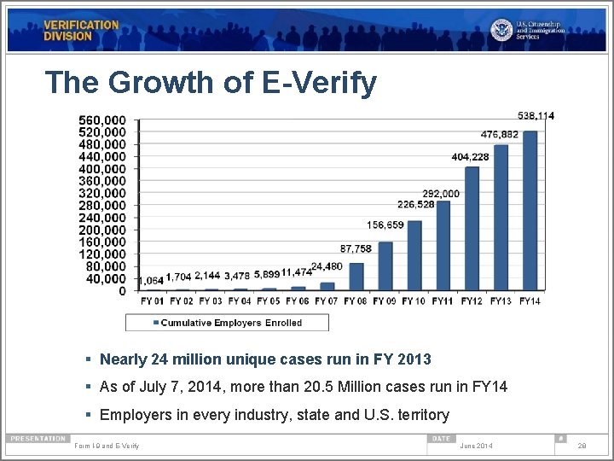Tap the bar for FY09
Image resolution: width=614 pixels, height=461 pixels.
click(385, 266)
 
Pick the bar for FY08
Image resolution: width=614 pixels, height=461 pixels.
click(356, 277)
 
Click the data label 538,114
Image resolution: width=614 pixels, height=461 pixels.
click(536, 115)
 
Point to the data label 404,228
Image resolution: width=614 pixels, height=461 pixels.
click(470, 157)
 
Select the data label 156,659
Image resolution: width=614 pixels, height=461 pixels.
click(385, 225)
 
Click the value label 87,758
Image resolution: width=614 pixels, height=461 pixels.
click(356, 248)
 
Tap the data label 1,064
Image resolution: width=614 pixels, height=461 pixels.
click(151, 280)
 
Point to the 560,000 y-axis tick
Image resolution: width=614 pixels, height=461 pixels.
click(102, 120)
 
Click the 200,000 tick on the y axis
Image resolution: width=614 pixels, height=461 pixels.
click(102, 230)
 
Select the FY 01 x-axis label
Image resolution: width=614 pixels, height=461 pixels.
click(153, 301)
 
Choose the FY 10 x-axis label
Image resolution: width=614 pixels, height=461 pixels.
click(414, 301)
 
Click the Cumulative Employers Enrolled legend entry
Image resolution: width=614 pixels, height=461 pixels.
click(228, 323)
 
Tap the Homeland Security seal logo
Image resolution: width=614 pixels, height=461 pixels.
click(502, 30)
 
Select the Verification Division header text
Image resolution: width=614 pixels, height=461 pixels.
click(81, 31)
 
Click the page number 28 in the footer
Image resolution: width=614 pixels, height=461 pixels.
click(582, 446)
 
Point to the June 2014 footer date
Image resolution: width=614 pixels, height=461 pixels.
click(476, 446)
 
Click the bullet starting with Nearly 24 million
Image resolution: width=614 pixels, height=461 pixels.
click(265, 359)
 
